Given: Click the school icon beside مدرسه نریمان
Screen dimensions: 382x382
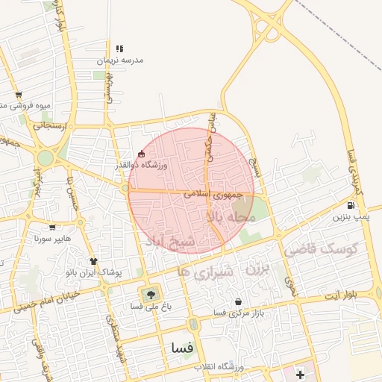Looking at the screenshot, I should coord(119,48).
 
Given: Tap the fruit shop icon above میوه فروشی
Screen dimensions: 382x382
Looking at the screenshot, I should coord(19,95).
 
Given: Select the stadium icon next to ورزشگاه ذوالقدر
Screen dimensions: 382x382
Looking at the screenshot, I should coord(141,154).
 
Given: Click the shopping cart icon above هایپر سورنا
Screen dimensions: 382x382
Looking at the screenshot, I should coord(51,228).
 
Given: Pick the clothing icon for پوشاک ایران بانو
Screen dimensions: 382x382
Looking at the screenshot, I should coord(94,261).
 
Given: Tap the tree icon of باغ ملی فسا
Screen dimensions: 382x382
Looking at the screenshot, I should coord(151,295).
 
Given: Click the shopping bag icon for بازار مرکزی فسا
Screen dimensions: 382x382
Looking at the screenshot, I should coord(238,301).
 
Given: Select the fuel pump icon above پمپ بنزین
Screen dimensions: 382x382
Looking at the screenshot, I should coord(351,205).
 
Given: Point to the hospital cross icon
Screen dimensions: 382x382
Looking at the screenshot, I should coord(301,373).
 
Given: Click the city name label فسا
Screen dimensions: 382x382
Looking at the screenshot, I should coord(183,348).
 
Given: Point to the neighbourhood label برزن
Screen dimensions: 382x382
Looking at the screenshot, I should coord(257,266).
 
